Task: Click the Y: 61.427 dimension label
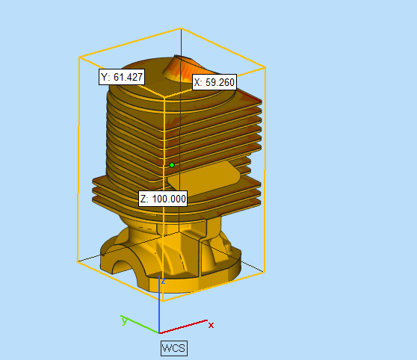[x=122, y=77]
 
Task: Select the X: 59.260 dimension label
[x=214, y=82]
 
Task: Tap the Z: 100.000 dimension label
[x=163, y=199]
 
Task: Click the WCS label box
[x=174, y=348]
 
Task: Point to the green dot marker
[x=172, y=165]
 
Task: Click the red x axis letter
[x=211, y=325]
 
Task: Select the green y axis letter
[x=124, y=320]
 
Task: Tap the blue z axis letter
[x=164, y=281]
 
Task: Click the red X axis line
[x=183, y=326]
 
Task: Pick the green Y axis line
[x=140, y=324]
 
